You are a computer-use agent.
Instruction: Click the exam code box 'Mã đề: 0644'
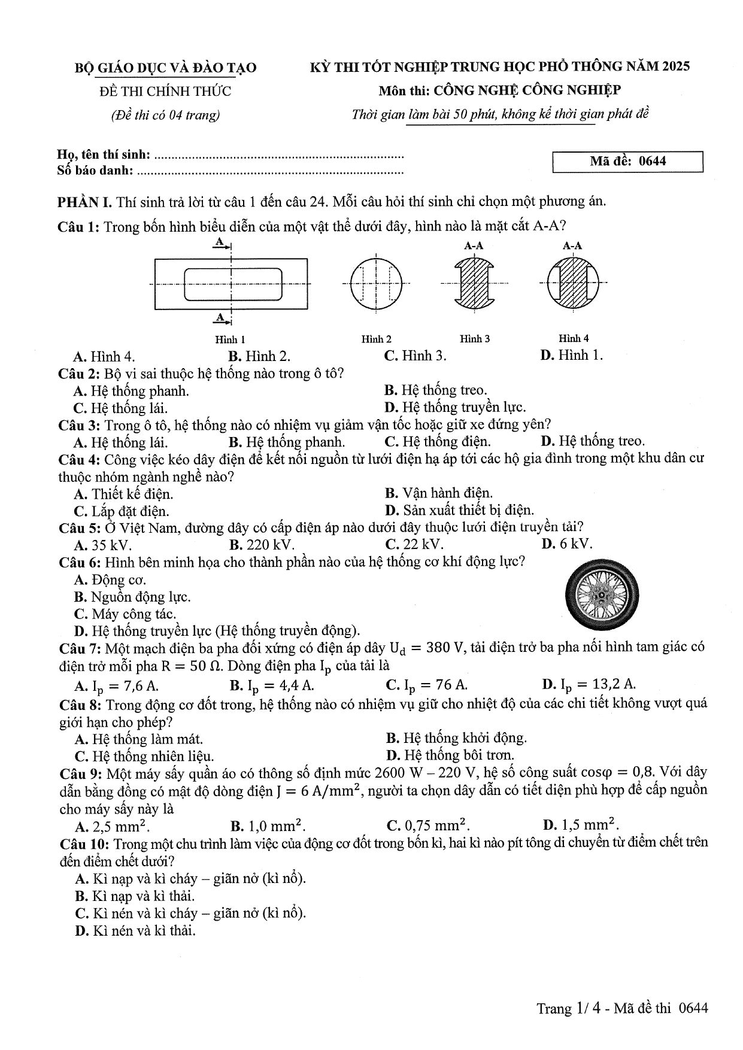coord(627,162)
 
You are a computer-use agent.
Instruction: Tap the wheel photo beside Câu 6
coord(601,596)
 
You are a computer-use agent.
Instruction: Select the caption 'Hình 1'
coord(230,339)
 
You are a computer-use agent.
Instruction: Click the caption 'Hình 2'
coord(376,339)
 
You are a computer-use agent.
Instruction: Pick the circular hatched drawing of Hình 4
coord(573,282)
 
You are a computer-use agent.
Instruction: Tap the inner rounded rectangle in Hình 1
coord(232,284)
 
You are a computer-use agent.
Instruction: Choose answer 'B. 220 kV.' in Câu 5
coord(262,545)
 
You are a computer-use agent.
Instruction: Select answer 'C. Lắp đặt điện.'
coord(122,511)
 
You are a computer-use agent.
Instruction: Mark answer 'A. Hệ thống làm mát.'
coord(138,739)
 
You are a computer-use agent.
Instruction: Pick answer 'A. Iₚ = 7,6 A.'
coord(116,685)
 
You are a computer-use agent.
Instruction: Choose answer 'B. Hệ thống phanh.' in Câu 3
coord(287,442)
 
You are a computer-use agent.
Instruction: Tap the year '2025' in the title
coord(676,66)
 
